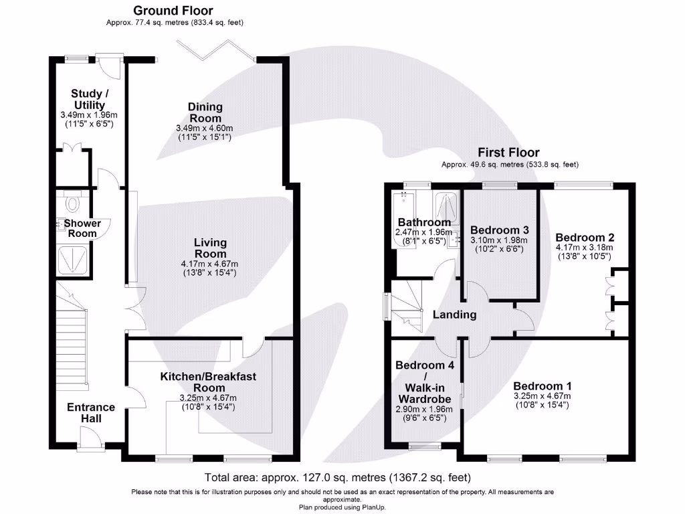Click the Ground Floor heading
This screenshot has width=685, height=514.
(x=173, y=11)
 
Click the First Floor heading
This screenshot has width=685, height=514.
(x=509, y=153)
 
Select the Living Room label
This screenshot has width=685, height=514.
(x=210, y=248)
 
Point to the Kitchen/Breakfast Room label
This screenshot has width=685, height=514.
(x=208, y=382)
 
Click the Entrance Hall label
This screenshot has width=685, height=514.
(x=91, y=412)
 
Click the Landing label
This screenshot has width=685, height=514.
(x=454, y=315)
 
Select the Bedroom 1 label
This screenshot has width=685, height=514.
(x=542, y=386)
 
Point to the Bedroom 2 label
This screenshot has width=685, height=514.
(x=585, y=238)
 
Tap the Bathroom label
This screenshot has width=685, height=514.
(x=424, y=222)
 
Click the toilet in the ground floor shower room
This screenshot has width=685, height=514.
(x=73, y=201)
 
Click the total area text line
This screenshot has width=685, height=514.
(x=338, y=478)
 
